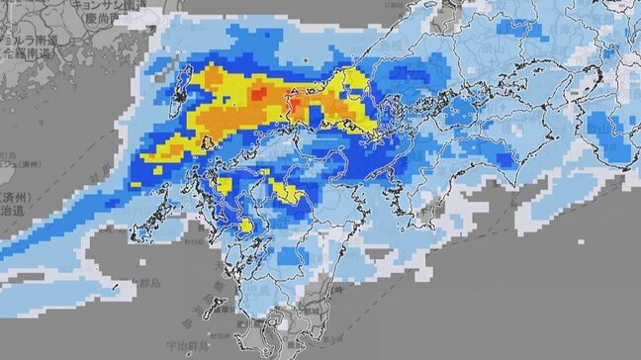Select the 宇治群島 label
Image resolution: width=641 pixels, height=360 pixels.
point(179,347)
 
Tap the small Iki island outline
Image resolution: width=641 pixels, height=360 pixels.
point(207,142)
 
